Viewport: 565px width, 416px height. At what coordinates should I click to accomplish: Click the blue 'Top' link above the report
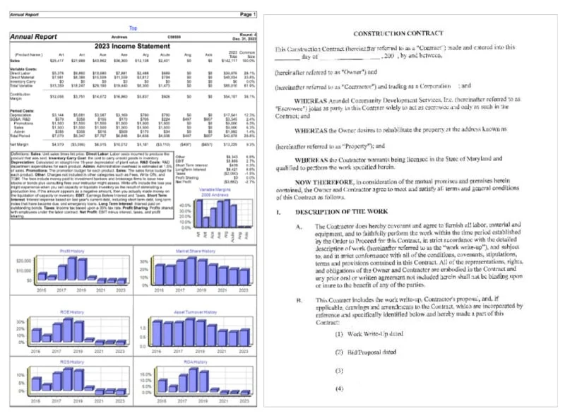[133, 28]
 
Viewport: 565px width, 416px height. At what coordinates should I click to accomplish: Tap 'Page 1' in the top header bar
[248, 13]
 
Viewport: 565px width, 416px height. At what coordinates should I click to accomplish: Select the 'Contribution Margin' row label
[22, 95]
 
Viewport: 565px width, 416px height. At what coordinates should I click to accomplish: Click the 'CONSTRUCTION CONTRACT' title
[398, 33]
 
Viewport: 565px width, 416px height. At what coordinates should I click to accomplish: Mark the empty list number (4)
[339, 388]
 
